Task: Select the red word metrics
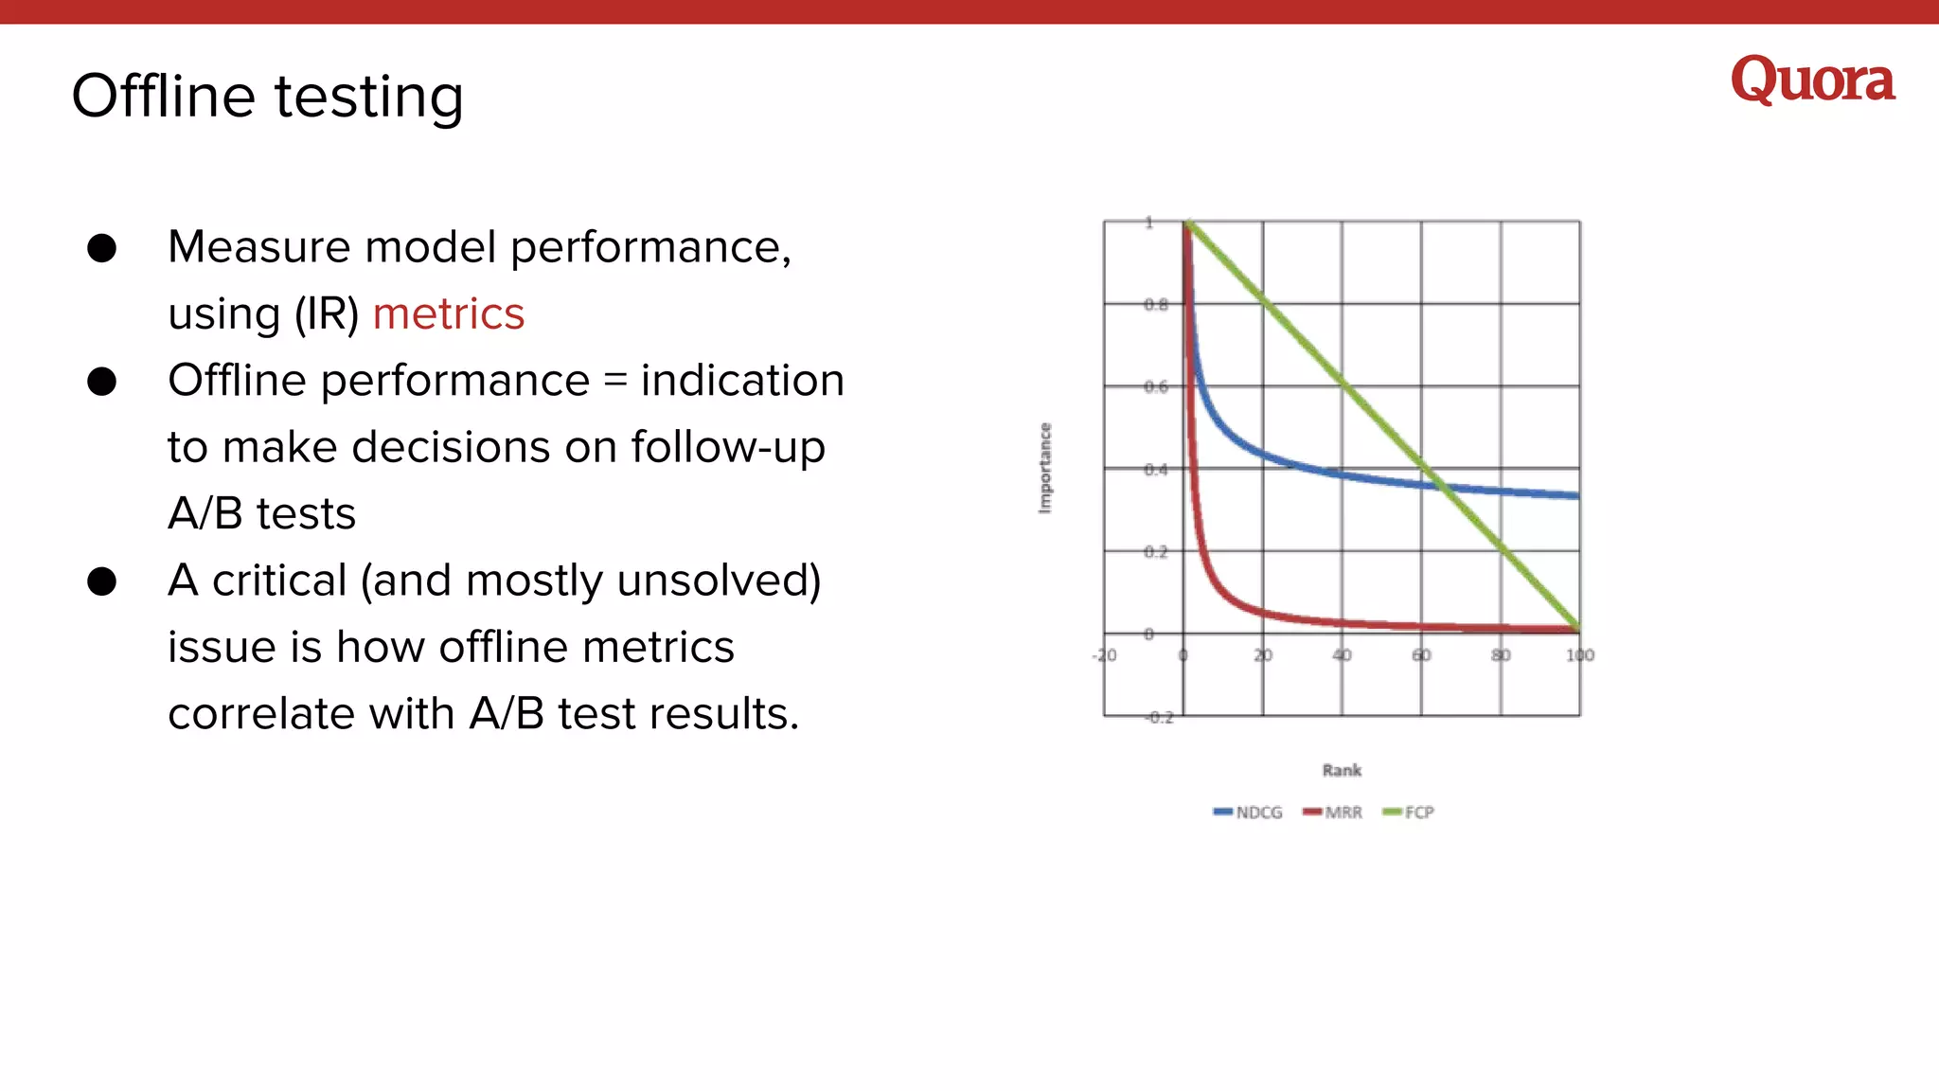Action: (448, 313)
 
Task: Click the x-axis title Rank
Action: (1342, 770)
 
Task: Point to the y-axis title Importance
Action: (1045, 468)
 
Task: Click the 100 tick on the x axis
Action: (1579, 655)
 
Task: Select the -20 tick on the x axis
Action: (1104, 655)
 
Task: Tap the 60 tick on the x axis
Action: (1421, 655)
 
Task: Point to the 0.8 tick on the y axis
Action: (1155, 304)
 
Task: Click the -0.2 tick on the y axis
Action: (1158, 717)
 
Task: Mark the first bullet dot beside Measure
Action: (101, 248)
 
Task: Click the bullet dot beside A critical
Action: (101, 581)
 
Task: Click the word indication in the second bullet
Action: (742, 381)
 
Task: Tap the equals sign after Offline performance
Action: (615, 381)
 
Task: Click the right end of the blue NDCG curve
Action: (1575, 495)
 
